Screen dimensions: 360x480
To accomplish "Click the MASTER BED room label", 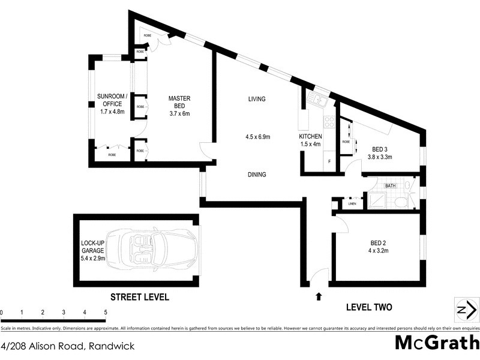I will click(x=179, y=98).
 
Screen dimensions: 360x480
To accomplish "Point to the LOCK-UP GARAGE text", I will click(x=93, y=251).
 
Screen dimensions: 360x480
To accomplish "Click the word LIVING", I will click(x=256, y=98).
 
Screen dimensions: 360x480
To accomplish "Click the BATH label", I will click(x=391, y=186).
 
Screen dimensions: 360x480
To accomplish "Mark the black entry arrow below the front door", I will click(x=318, y=295).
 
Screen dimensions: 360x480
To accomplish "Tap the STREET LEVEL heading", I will click(x=139, y=296).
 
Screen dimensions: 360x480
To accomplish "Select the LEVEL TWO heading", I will click(x=369, y=307).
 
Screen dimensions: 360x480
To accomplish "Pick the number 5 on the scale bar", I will click(x=106, y=312).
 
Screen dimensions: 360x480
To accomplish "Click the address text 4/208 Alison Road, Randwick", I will click(x=68, y=346).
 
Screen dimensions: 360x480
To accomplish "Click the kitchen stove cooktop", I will click(x=329, y=122).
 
